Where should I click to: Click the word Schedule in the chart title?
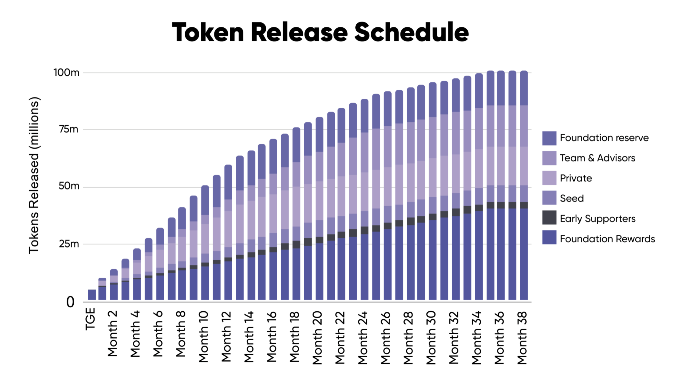[x=412, y=33]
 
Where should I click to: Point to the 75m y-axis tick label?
[x=68, y=129]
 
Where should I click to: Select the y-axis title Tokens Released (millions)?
[x=34, y=175]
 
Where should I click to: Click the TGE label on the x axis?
[x=90, y=319]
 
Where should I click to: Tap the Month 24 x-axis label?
[x=363, y=337]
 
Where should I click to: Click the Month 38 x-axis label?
[x=522, y=337]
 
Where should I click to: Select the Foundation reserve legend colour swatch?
[x=549, y=138]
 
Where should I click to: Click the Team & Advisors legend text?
[x=597, y=158]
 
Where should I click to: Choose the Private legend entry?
[x=576, y=178]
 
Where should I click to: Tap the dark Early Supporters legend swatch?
[x=549, y=218]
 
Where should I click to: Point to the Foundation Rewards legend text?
[x=607, y=239]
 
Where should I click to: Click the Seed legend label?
[x=572, y=198]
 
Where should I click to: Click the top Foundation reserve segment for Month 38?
[x=524, y=88]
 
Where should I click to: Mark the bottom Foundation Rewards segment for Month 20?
[x=319, y=272]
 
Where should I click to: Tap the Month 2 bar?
[x=114, y=288]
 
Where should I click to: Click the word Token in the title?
[x=208, y=33]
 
